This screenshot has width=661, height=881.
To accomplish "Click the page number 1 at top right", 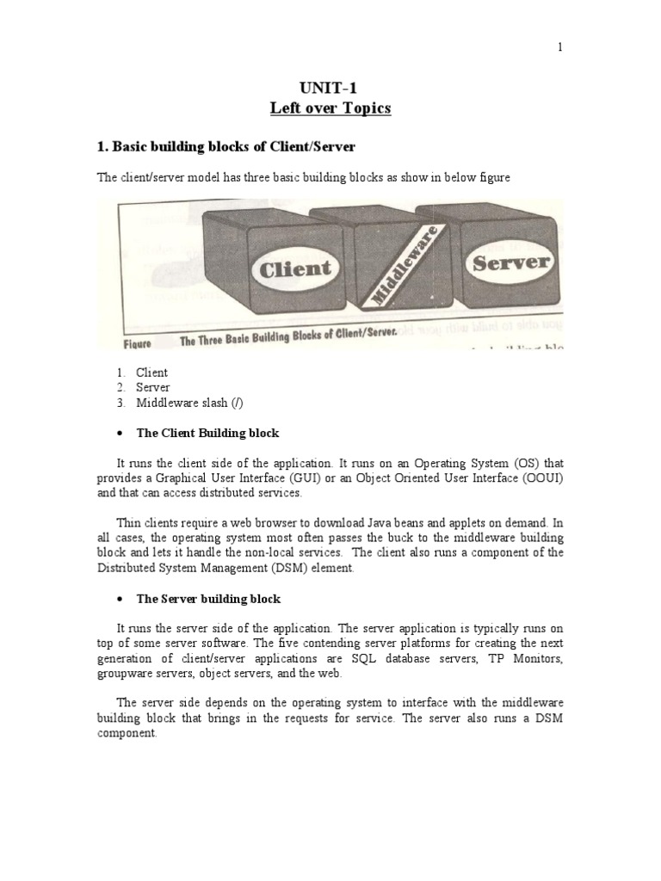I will click(x=559, y=47).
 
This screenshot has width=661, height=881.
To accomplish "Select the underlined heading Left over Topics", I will click(x=330, y=108).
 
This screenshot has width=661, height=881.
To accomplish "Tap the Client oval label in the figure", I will click(x=294, y=268).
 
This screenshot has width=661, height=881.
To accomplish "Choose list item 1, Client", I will click(x=151, y=373).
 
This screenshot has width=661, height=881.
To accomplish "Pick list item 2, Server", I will click(x=152, y=387).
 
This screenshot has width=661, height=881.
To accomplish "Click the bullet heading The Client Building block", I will click(x=207, y=432).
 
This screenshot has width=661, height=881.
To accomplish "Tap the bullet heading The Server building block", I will click(x=208, y=598).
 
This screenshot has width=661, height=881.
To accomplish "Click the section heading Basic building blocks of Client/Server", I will click(x=226, y=148).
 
